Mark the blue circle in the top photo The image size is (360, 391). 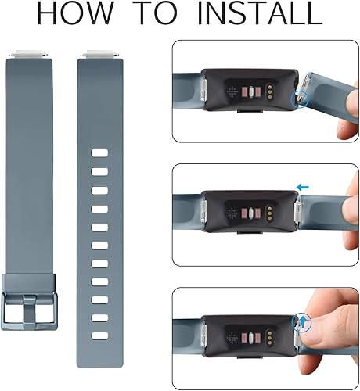(299, 100)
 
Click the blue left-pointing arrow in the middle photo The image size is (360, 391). (302, 187)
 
